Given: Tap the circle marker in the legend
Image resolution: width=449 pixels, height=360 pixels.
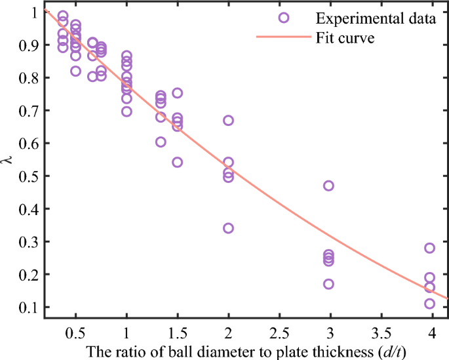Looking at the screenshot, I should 283,18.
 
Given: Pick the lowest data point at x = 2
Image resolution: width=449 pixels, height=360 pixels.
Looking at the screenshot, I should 228,228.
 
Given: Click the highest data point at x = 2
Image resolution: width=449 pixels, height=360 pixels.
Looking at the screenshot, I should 228,120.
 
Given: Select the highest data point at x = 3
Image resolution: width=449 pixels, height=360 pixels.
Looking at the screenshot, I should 328,186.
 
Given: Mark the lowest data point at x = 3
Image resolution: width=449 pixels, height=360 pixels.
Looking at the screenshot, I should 328,284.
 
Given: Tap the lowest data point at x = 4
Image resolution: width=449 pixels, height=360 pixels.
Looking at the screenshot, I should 429,304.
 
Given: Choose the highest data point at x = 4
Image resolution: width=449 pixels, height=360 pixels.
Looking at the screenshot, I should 429,248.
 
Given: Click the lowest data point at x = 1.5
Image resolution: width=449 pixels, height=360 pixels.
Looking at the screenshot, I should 177,162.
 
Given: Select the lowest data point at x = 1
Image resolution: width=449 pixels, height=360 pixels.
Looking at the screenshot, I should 127,111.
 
